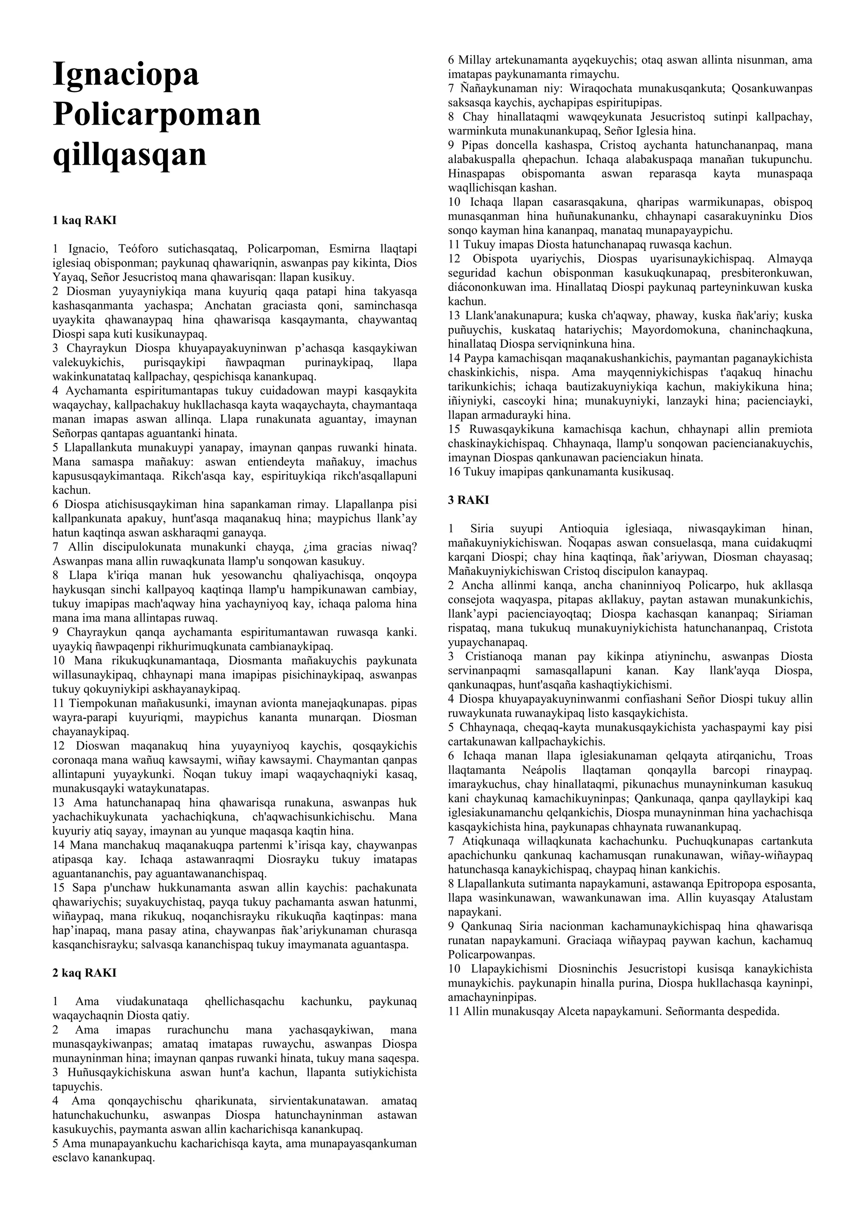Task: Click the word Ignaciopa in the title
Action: click(x=126, y=75)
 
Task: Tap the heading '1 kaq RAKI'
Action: click(x=84, y=220)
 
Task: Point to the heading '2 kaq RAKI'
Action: click(x=84, y=973)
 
